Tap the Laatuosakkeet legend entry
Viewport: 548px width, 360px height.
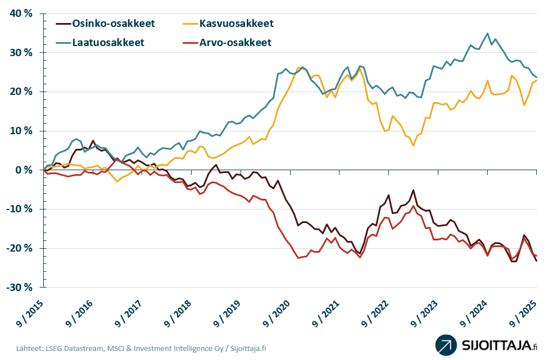click(108, 43)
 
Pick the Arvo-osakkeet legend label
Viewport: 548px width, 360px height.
click(235, 43)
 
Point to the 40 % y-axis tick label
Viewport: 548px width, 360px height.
click(20, 13)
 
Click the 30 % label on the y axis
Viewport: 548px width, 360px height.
click(20, 53)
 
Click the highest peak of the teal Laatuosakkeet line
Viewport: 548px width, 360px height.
click(487, 33)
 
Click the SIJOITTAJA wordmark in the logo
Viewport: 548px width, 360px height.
click(493, 345)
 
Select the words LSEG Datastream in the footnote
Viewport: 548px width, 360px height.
click(65, 348)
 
